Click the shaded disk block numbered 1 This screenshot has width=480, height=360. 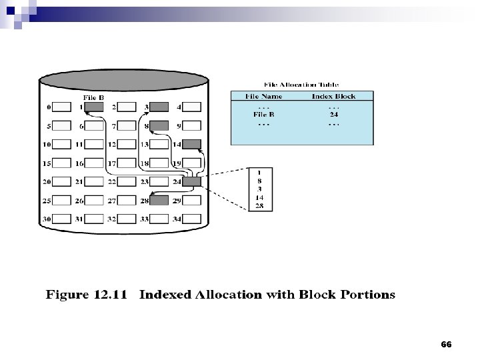(x=94, y=107)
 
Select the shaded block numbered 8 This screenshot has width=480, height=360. (x=159, y=125)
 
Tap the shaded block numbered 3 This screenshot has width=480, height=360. (x=159, y=107)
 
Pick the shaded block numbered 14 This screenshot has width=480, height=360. (x=191, y=144)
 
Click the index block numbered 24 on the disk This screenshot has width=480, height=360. (x=191, y=181)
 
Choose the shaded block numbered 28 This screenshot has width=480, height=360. (x=159, y=200)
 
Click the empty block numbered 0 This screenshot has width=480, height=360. (x=62, y=107)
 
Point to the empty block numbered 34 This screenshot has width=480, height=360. (x=191, y=219)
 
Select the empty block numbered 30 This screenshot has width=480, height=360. (x=62, y=219)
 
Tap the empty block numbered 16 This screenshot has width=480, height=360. (x=94, y=163)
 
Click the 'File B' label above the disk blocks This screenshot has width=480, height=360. (x=93, y=97)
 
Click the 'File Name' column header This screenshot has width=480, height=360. (x=263, y=96)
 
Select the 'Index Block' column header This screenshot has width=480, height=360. (x=333, y=96)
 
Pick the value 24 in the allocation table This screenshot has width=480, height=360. (x=333, y=114)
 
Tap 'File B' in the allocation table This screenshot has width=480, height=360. (x=263, y=114)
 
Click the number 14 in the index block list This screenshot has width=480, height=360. (x=259, y=198)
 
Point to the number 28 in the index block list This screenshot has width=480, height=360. (x=259, y=206)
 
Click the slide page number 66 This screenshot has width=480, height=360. (x=446, y=345)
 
